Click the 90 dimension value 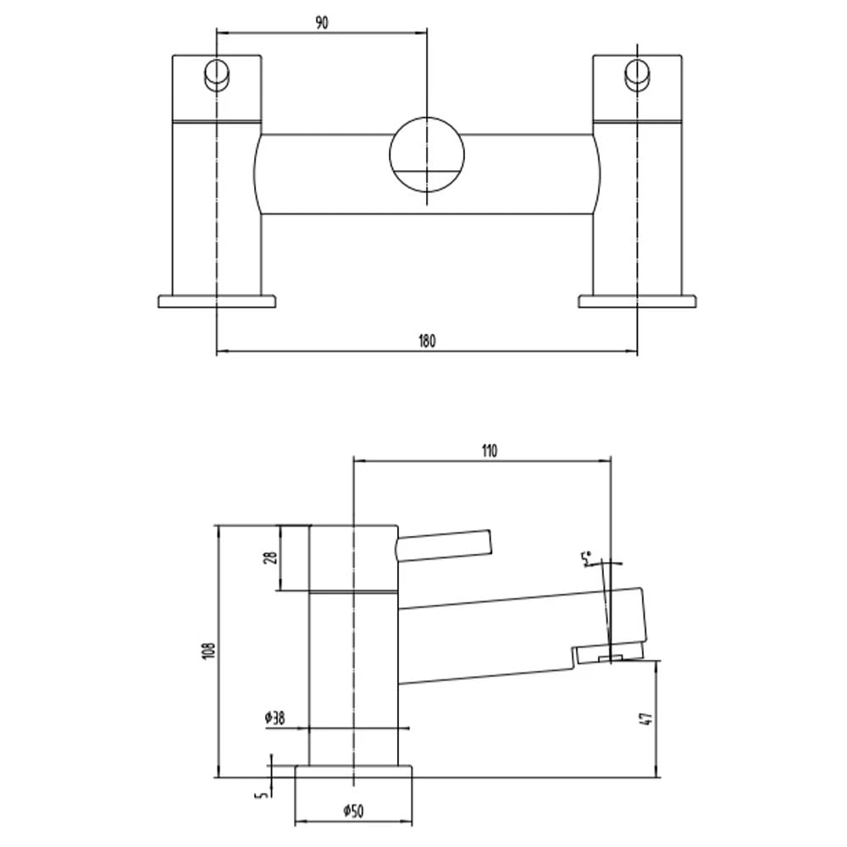pyautogui.click(x=322, y=24)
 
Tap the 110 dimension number pyautogui.click(x=489, y=451)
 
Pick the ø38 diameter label pyautogui.click(x=275, y=718)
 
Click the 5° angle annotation pyautogui.click(x=585, y=558)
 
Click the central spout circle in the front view pyautogui.click(x=427, y=156)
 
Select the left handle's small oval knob pyautogui.click(x=217, y=75)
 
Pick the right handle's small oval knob pyautogui.click(x=636, y=75)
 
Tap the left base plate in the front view pyautogui.click(x=217, y=301)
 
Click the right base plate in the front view pyautogui.click(x=637, y=301)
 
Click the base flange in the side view pyautogui.click(x=353, y=771)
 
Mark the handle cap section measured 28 pyautogui.click(x=352, y=556)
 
